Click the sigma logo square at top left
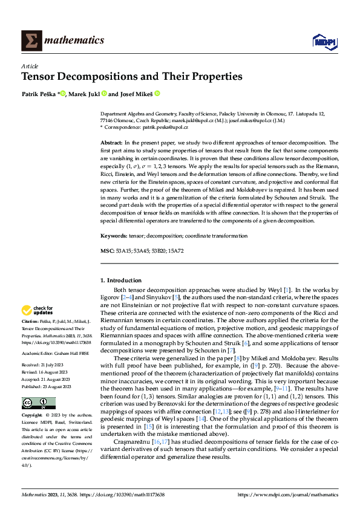[x=31, y=41]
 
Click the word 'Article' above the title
[x=30, y=66]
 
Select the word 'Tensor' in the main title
[x=42, y=77]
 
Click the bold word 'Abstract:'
[x=113, y=143]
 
